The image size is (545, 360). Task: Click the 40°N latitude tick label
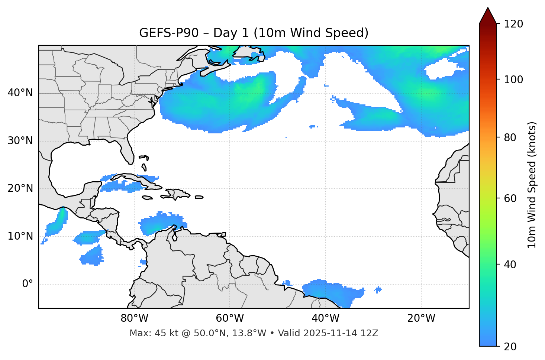(x=20, y=93)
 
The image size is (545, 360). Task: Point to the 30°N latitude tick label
(x=20, y=141)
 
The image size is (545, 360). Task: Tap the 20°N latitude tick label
(x=20, y=188)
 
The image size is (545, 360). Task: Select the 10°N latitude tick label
(x=20, y=236)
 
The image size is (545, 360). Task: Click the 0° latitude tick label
(x=28, y=284)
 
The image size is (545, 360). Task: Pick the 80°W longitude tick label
(x=134, y=318)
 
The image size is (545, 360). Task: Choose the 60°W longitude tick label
(x=230, y=318)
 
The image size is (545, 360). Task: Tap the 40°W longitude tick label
(x=325, y=318)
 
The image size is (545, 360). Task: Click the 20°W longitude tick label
(x=421, y=318)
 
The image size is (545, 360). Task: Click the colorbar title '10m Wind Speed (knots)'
(x=532, y=185)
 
